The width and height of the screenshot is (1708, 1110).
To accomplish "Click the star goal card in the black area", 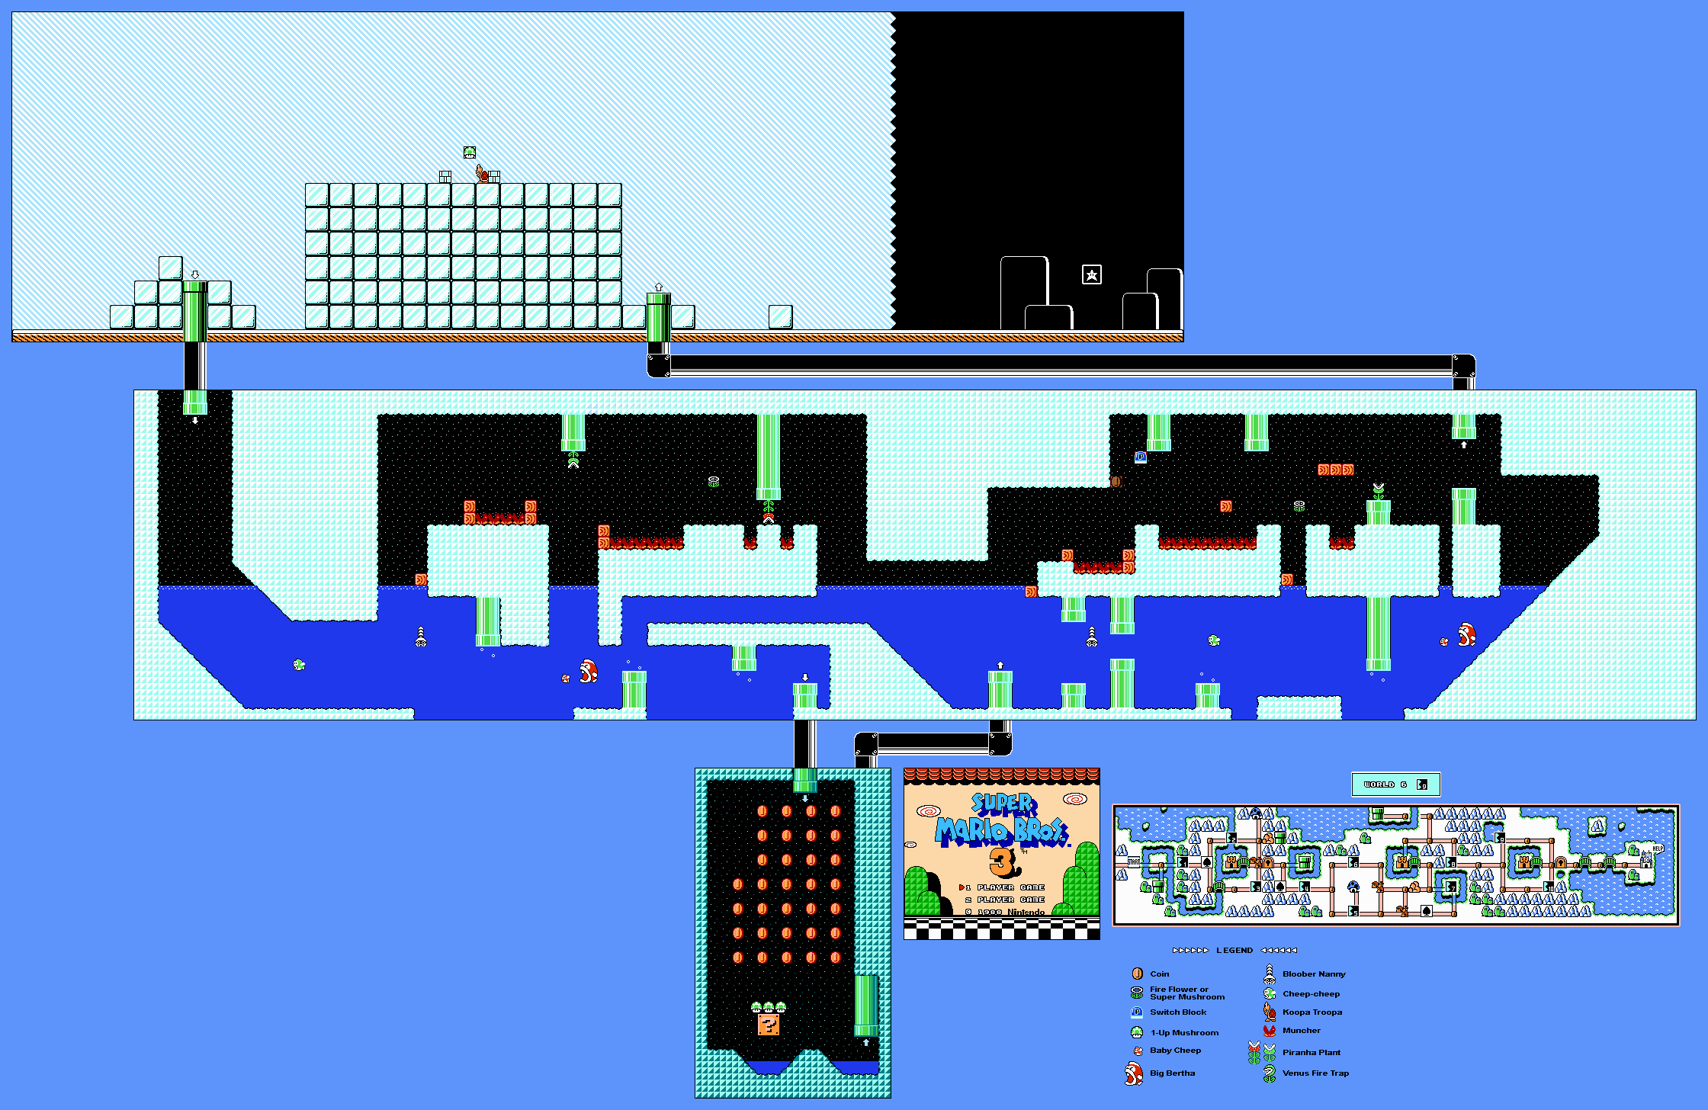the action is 1091,274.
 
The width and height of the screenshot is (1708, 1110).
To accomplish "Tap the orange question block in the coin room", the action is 769,1025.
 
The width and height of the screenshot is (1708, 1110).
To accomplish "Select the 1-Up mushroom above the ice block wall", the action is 470,152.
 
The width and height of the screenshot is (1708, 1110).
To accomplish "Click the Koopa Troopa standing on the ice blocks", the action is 482,174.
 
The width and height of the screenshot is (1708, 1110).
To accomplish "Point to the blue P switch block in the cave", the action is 1141,457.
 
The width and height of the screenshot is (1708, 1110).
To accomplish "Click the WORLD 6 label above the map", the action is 1385,784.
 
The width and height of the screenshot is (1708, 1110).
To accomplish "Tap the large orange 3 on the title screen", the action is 1003,862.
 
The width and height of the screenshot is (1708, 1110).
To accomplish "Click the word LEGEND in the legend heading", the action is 1234,951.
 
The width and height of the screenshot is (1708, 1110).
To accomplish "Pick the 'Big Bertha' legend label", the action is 1172,1073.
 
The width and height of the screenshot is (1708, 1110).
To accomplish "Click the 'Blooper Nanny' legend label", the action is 1314,974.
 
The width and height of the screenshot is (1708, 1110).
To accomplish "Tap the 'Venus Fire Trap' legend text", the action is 1315,1073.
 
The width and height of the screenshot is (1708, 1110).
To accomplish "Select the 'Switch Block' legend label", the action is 1178,1012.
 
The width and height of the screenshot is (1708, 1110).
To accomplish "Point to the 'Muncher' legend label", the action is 1302,1031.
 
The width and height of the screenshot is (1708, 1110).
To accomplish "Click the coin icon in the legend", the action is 1137,974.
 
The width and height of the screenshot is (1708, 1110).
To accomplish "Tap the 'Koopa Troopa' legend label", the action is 1312,1012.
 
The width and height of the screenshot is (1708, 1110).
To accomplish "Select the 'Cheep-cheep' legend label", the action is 1311,994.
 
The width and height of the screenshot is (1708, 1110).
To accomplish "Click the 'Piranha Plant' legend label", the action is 1311,1053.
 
